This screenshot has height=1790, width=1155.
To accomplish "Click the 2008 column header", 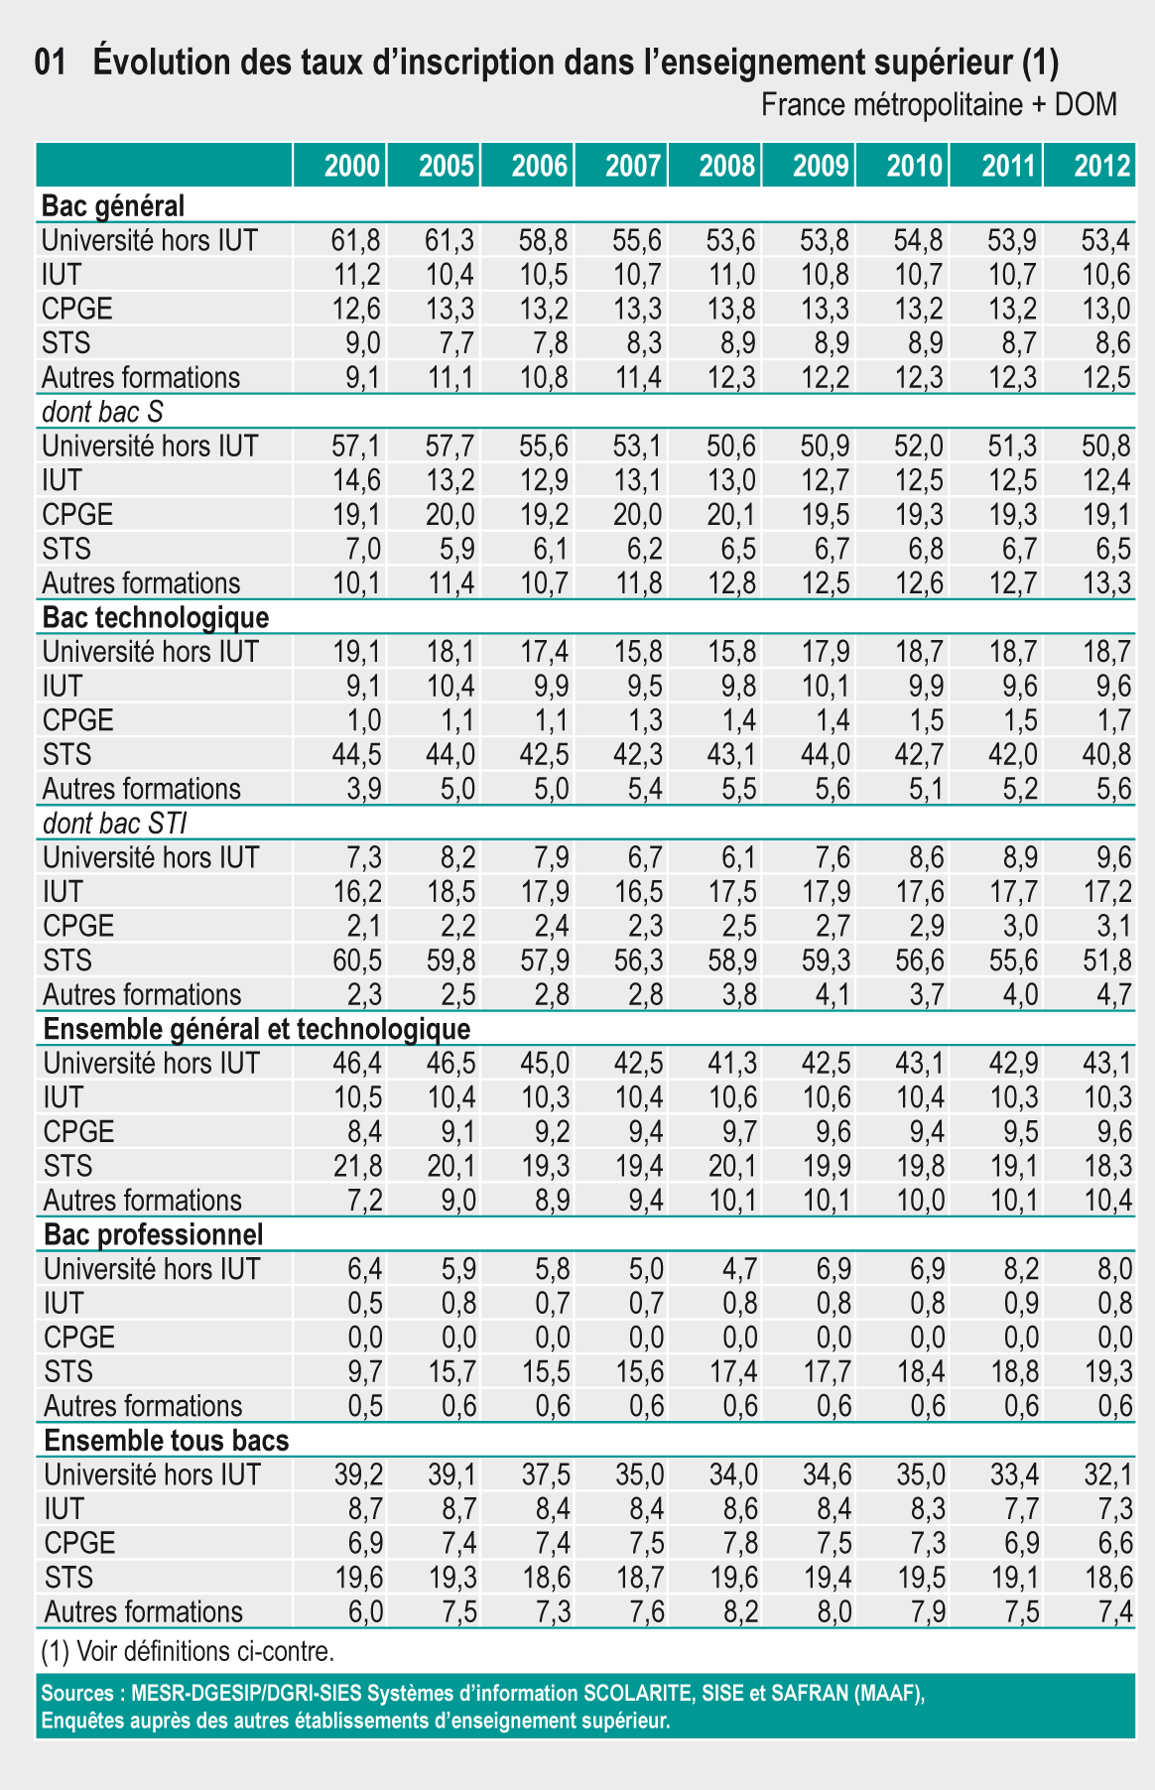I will (x=726, y=166).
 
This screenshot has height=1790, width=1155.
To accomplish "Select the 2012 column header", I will (x=1102, y=166).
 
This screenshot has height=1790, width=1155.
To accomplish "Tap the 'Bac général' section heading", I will (x=113, y=206).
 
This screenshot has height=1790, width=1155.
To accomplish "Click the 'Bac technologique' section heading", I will (x=156, y=618).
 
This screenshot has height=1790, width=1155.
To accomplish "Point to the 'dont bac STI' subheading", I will (x=115, y=824).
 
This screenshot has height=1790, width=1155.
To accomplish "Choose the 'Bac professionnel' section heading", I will (x=154, y=1235).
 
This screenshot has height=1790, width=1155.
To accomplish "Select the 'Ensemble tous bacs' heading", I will (x=167, y=1441).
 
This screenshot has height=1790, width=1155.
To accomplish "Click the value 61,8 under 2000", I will (x=356, y=240).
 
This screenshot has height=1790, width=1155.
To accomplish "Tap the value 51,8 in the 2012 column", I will (x=1106, y=960).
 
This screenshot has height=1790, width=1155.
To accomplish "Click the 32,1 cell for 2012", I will (x=1106, y=1475).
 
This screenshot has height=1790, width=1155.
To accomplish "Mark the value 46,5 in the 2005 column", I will (x=450, y=1064).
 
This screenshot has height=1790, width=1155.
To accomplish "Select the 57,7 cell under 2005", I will (x=450, y=447).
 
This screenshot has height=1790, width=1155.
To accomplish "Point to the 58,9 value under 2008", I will (x=732, y=960).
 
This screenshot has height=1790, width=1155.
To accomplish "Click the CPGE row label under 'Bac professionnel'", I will (x=79, y=1338).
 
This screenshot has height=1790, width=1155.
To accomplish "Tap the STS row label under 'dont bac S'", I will (x=66, y=549).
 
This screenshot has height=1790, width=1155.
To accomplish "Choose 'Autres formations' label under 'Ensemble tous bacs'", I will (x=143, y=1612).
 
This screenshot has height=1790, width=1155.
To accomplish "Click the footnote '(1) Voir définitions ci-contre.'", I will (x=188, y=1652).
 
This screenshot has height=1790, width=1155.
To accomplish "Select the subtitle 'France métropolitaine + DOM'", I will (x=939, y=104).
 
